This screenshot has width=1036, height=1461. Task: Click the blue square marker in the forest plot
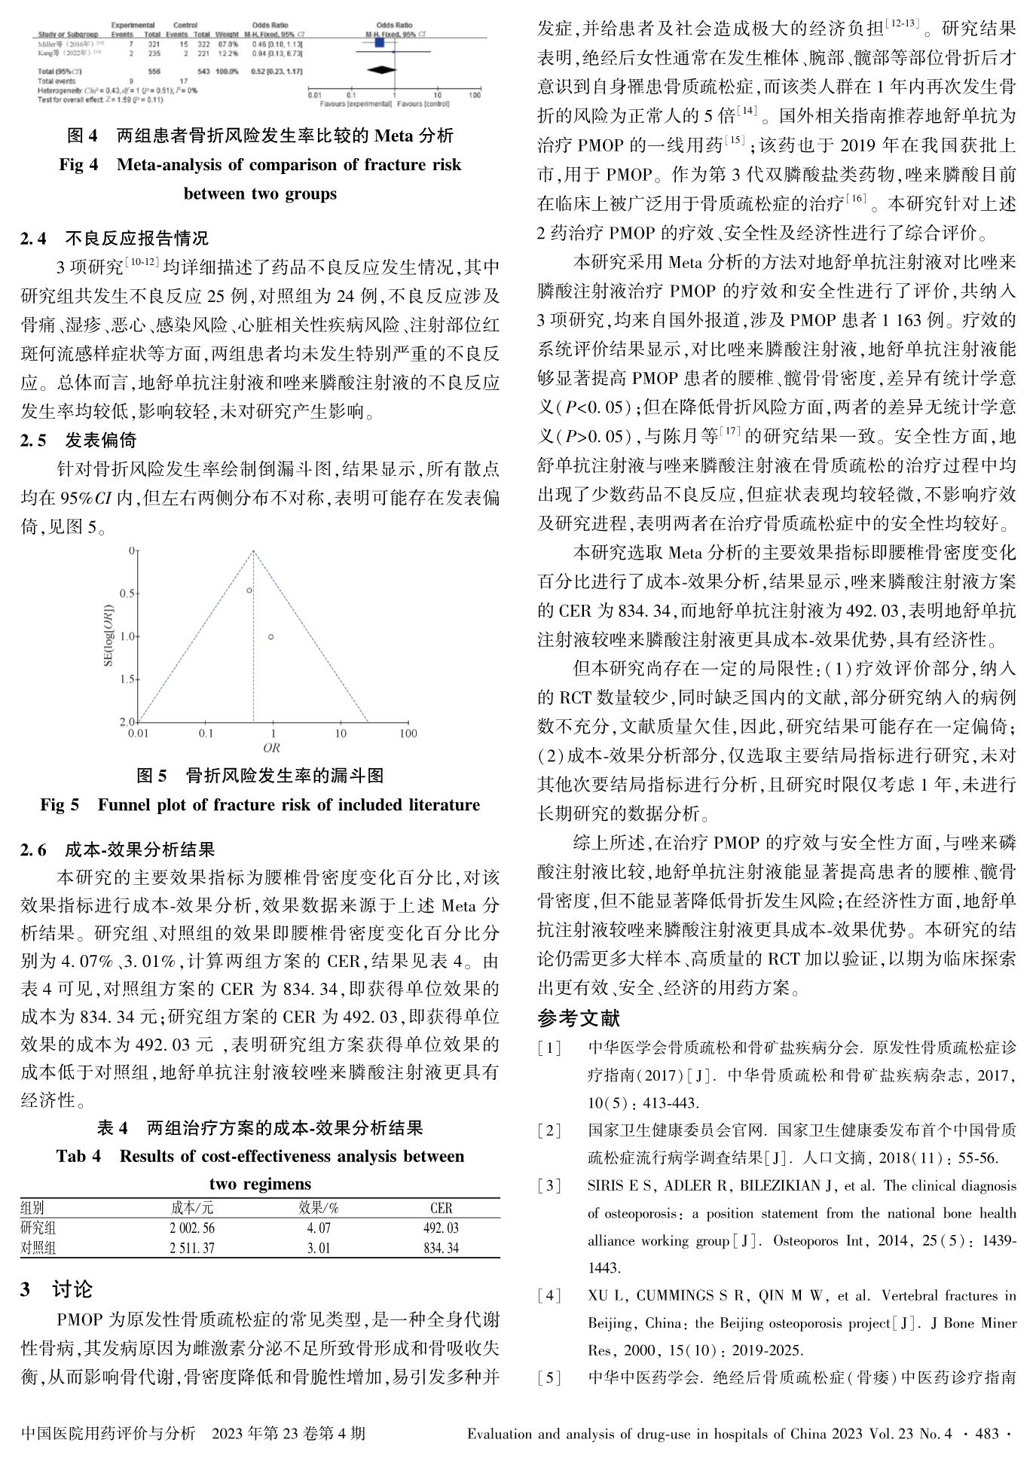379,44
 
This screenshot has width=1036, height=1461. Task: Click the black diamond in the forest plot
381,70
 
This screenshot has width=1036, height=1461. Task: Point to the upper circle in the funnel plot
249,590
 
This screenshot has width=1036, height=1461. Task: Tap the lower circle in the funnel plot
270,637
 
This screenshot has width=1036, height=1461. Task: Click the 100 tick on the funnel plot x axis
408,734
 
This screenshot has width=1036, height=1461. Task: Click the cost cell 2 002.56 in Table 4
193,1228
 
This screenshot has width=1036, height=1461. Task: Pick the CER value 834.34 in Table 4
441,1248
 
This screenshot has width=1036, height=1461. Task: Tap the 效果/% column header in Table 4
319,1208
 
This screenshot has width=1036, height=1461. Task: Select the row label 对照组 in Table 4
38,1248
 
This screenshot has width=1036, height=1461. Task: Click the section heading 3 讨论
57,1289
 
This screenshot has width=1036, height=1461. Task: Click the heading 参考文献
579,1019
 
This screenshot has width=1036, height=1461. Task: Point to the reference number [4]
550,1295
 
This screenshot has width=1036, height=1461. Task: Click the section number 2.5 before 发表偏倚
33,441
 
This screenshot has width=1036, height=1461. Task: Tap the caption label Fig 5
60,805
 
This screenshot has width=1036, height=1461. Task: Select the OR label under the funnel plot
271,748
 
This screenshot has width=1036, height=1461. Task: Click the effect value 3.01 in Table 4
319,1248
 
